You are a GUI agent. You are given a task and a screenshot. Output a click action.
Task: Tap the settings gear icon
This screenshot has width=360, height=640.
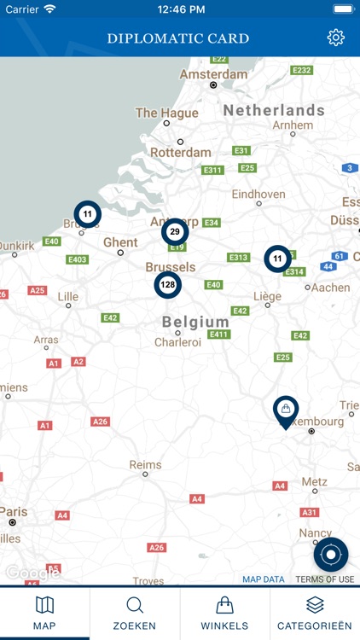[335, 38]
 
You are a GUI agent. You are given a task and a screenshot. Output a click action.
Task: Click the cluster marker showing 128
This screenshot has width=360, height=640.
[167, 285]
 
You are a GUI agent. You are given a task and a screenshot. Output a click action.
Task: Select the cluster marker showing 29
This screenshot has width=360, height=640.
[175, 231]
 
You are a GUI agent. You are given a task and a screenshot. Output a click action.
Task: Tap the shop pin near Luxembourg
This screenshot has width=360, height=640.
[286, 410]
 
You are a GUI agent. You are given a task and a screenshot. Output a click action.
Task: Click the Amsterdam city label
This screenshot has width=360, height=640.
[214, 74]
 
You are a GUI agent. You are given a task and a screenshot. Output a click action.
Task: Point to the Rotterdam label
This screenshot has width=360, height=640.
[180, 153]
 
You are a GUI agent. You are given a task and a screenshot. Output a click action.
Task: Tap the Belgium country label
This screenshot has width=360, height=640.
[195, 322]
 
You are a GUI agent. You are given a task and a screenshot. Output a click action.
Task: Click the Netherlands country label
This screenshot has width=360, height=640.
[274, 110]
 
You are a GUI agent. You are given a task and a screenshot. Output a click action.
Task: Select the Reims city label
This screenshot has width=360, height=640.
[145, 465]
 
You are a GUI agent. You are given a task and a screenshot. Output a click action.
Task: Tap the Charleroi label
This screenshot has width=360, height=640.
[177, 342]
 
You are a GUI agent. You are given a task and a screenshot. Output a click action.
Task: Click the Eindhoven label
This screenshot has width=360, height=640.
[258, 195]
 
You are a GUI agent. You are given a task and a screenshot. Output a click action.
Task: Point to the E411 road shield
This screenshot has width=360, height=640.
[219, 334]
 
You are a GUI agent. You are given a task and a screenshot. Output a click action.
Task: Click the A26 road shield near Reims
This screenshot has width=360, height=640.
[101, 422]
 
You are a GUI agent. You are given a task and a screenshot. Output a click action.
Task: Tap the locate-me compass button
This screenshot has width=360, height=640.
[331, 555]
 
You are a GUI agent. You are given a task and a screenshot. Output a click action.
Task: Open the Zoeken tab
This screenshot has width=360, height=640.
[135, 614]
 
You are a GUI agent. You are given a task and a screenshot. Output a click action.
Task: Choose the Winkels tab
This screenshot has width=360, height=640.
[225, 614]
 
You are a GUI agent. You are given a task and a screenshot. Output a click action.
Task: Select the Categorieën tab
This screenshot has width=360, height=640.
[315, 614]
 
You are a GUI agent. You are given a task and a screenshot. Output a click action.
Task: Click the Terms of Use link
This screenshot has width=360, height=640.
[324, 579]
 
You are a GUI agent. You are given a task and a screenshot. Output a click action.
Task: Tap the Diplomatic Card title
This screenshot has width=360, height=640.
[178, 38]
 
